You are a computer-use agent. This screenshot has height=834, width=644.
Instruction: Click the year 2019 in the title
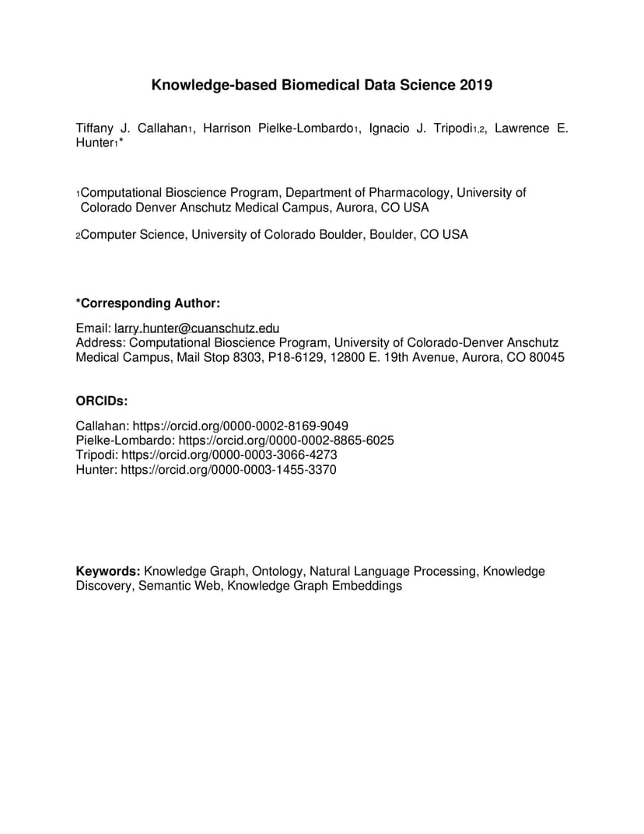[475, 85]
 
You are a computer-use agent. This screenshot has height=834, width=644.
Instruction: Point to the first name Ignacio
[391, 128]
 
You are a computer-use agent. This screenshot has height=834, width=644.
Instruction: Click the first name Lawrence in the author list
[522, 128]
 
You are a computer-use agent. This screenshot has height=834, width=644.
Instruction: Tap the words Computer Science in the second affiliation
[133, 234]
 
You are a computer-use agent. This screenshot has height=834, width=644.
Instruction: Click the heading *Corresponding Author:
[148, 303]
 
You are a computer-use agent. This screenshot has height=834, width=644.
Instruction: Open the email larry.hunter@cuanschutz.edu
[197, 329]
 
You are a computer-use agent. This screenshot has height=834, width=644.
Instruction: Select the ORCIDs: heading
[102, 401]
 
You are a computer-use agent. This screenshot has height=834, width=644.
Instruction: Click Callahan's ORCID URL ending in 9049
[240, 426]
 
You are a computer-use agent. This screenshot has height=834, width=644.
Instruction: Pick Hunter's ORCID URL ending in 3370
[229, 469]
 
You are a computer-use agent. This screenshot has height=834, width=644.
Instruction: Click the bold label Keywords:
[108, 571]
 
